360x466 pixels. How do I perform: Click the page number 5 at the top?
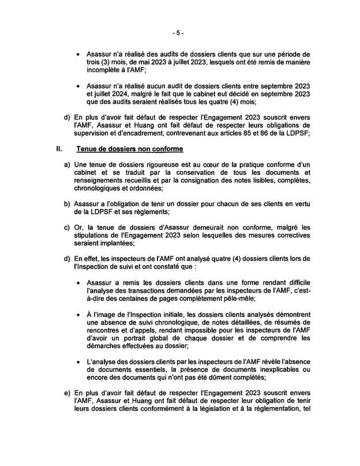click(x=180, y=32)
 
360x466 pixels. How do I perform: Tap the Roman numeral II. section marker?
click(x=58, y=149)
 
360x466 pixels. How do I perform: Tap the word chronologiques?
click(x=97, y=190)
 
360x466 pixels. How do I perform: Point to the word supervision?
click(x=95, y=134)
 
